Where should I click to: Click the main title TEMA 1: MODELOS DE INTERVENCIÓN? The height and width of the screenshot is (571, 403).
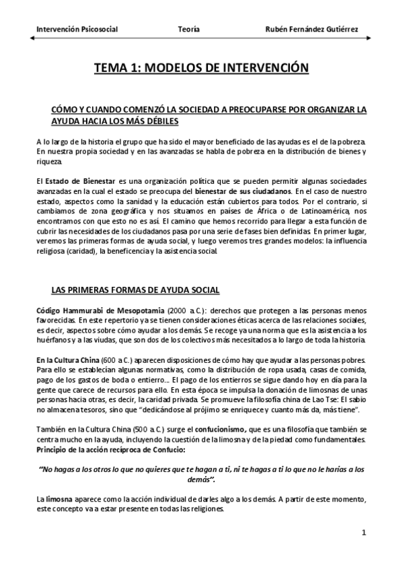click(201, 68)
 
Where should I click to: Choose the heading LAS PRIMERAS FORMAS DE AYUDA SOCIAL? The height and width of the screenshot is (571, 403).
click(135, 290)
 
